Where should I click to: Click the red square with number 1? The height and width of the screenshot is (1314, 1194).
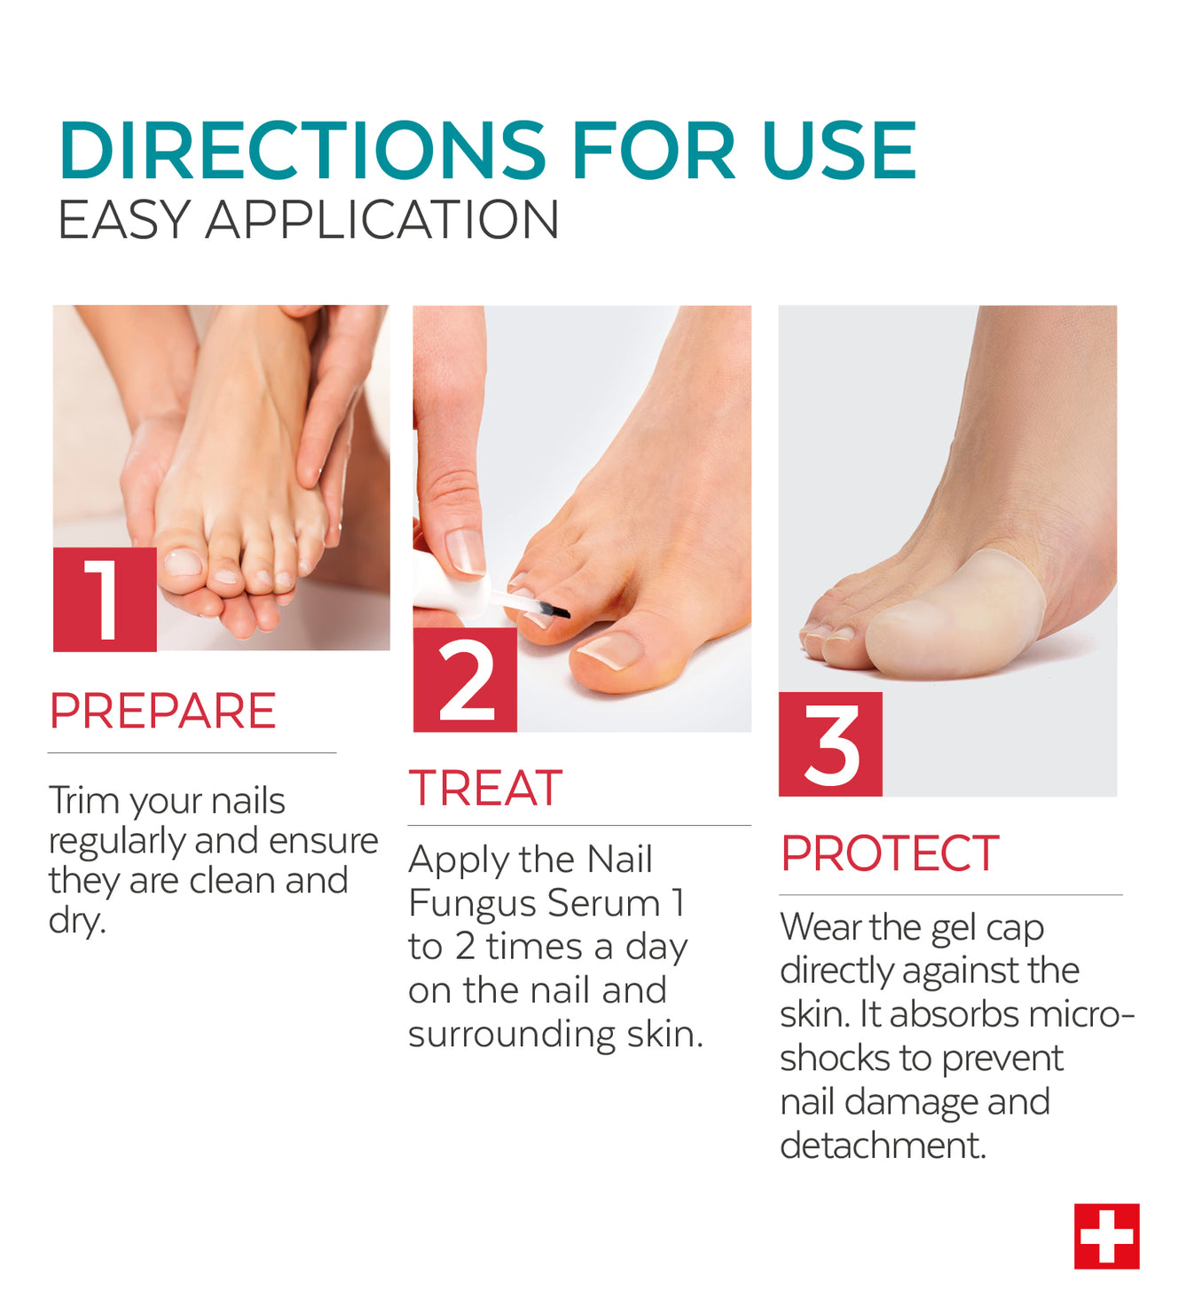click(105, 600)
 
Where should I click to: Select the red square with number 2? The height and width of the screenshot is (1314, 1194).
click(465, 680)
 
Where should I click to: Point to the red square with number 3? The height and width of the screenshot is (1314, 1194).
click(830, 744)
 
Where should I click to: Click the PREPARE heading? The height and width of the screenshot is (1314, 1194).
click(163, 711)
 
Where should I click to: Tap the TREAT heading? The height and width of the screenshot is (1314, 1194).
click(485, 787)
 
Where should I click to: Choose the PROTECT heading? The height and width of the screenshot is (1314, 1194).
click(890, 853)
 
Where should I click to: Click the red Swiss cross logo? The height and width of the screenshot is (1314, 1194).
click(1107, 1236)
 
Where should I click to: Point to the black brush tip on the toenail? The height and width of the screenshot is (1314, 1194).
click(558, 611)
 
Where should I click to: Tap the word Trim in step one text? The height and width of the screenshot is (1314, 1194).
click(85, 800)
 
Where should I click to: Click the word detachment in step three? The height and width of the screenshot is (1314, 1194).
click(883, 1145)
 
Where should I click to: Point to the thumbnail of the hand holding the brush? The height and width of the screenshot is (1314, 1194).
click(465, 552)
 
